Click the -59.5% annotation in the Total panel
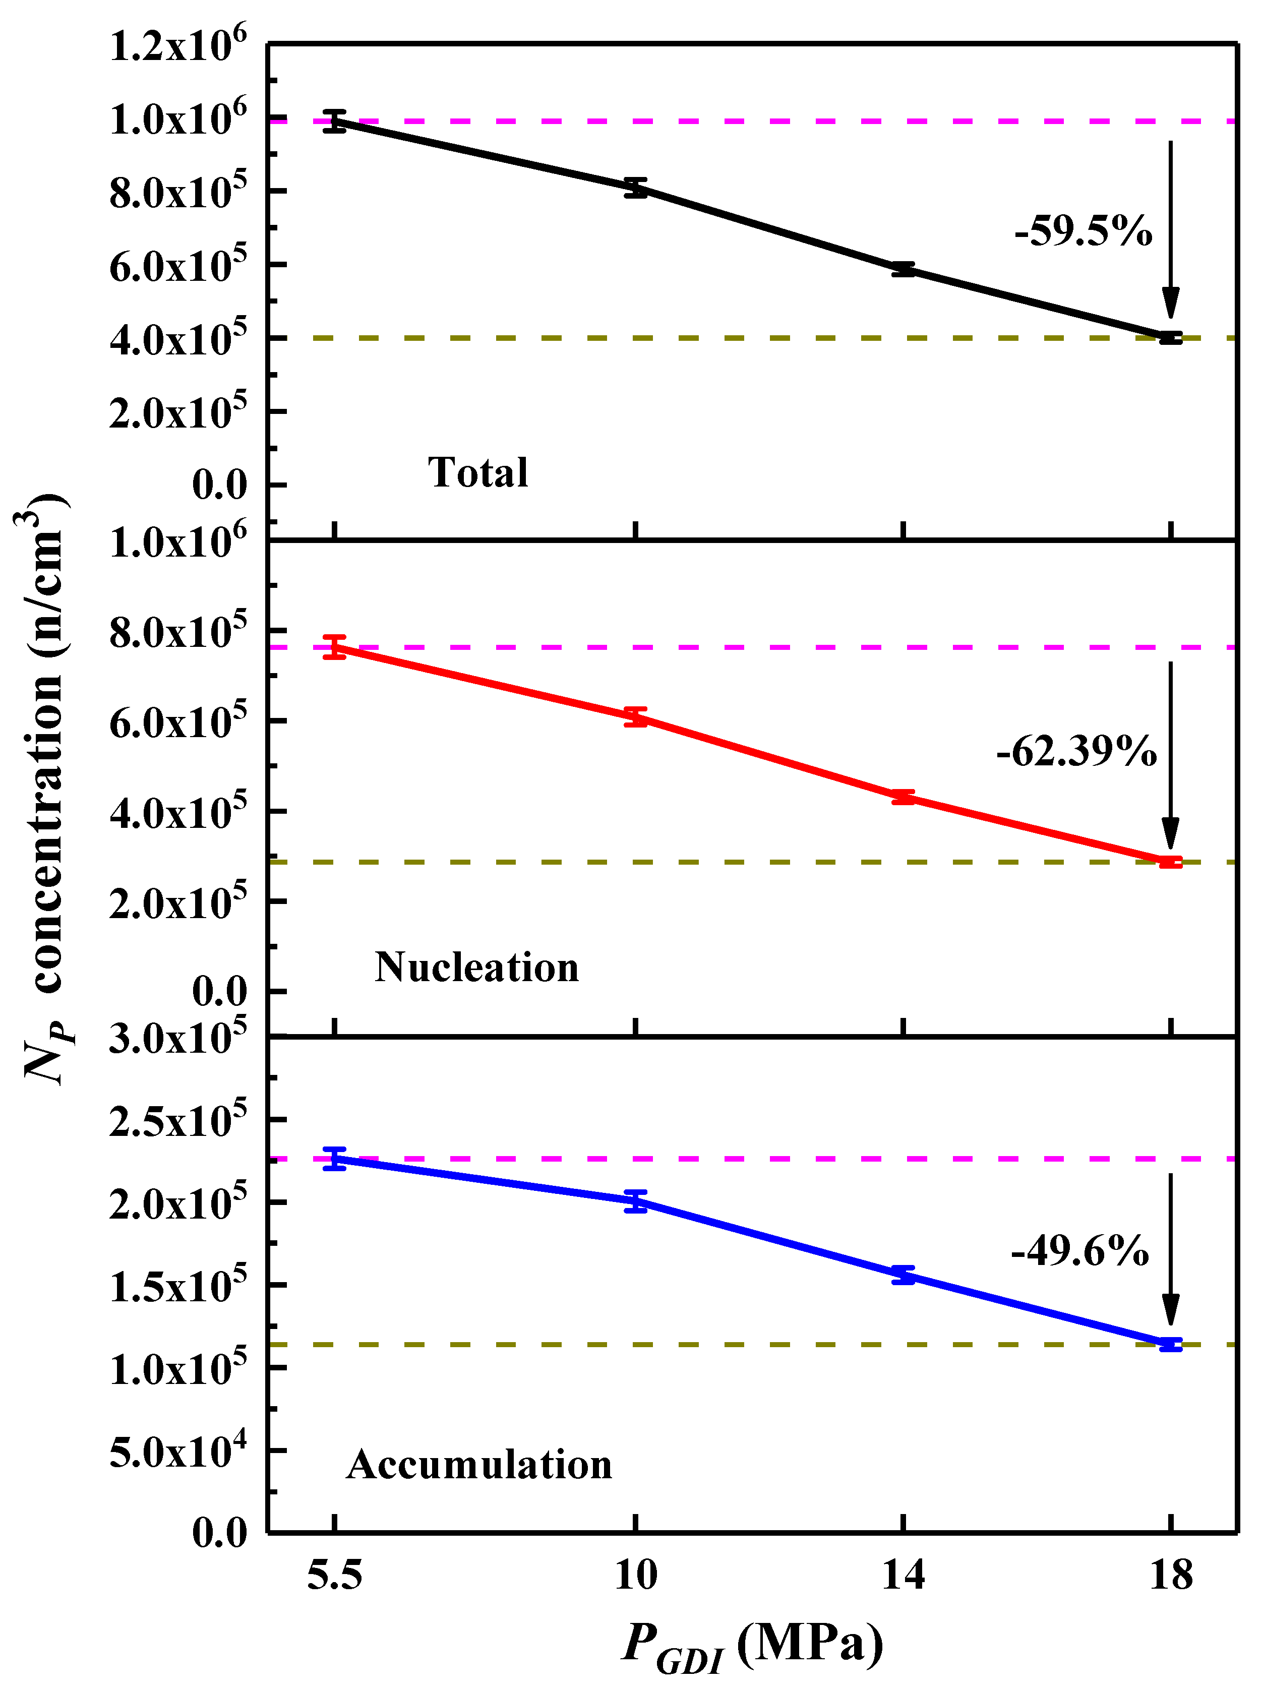pos(1082,231)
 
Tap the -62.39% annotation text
pos(1076,753)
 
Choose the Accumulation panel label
pos(479,1465)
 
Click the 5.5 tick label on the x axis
pos(334,1576)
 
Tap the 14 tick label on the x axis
pos(903,1576)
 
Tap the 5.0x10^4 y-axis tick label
pos(178,1450)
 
